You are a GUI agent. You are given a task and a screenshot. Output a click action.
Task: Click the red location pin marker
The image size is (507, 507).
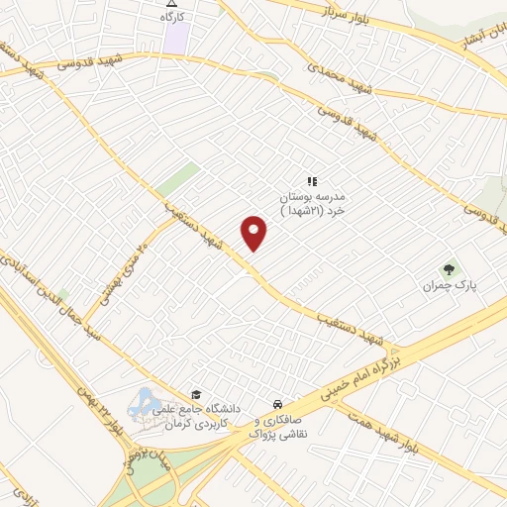[254, 233]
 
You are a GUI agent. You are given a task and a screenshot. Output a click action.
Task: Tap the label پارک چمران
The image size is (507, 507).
[451, 285]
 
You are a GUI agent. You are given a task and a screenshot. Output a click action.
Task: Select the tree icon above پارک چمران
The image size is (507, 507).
[451, 267]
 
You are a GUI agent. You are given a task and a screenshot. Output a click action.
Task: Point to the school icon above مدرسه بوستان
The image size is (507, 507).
[311, 181]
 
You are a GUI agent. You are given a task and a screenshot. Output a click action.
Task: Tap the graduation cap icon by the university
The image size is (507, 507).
[195, 394]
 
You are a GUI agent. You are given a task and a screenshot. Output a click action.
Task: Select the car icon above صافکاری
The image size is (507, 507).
[279, 404]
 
